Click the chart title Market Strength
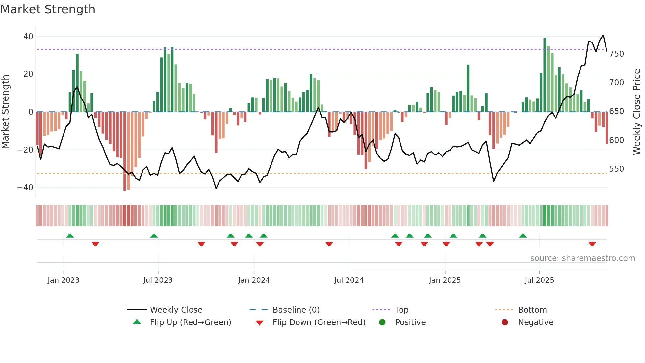point(48,9)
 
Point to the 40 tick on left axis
point(28,37)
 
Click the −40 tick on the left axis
point(25,188)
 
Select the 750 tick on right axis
point(616,54)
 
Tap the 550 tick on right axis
point(616,169)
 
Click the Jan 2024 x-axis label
point(254,280)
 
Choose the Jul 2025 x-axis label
point(539,280)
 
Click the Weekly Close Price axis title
point(637,112)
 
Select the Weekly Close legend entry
point(176,310)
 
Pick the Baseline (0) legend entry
point(296,310)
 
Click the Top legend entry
point(401,310)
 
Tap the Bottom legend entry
point(532,310)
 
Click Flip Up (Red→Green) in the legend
point(190,322)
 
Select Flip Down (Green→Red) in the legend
point(319,322)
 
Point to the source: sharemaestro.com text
point(582,258)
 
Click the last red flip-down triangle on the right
point(592,244)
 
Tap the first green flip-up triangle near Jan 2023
point(70,236)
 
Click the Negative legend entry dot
point(505,322)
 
